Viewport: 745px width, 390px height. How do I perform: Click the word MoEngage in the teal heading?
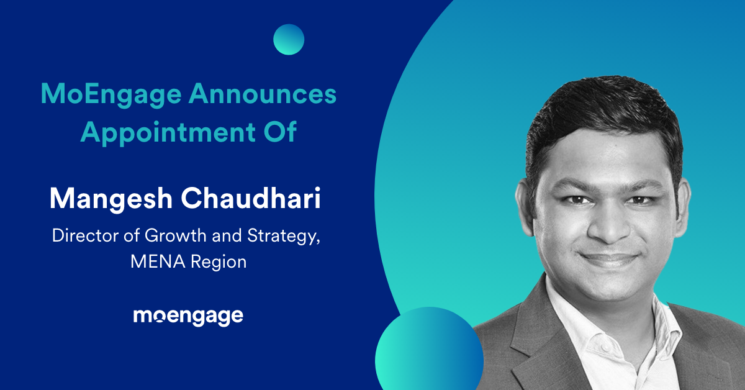[x=111, y=95]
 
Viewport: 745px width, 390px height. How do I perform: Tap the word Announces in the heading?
[x=263, y=94]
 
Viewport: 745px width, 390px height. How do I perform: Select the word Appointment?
[x=168, y=132]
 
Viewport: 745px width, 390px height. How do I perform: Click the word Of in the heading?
[x=280, y=132]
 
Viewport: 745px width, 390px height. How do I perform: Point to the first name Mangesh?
[x=111, y=199]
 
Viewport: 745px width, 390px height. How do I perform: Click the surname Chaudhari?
[x=251, y=198]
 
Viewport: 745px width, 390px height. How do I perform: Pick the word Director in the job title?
[x=86, y=235]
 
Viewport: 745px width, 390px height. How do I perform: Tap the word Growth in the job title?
[x=176, y=235]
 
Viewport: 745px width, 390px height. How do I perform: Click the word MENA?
[x=158, y=262]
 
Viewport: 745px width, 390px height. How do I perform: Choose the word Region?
[x=219, y=263]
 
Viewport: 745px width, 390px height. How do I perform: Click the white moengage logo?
[x=188, y=317]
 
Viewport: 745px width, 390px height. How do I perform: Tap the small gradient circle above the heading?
[x=289, y=39]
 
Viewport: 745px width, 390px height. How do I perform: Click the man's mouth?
[x=609, y=259]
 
